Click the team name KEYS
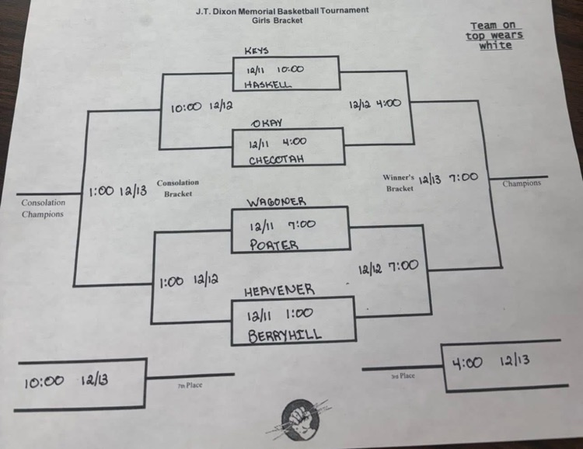[x=257, y=50]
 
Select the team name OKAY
[x=266, y=124]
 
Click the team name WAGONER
[x=276, y=202]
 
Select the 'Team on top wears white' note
[x=494, y=36]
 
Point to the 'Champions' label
[x=522, y=184]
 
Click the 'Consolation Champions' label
[x=43, y=208]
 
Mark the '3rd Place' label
[x=403, y=376]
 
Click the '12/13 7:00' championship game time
[x=449, y=178]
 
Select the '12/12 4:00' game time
[x=375, y=103]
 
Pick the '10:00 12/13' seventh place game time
[x=66, y=381]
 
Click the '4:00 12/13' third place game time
[x=498, y=361]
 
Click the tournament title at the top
[x=282, y=11]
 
